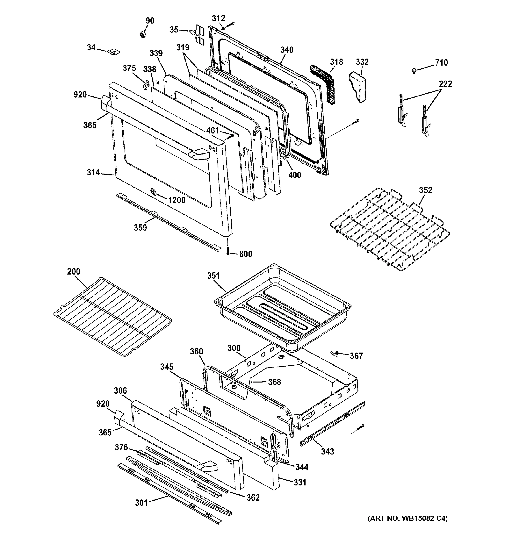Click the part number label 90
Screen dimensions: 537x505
pyautogui.click(x=150, y=21)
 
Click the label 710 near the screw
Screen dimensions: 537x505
pyautogui.click(x=441, y=63)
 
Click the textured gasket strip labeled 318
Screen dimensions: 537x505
pyautogui.click(x=323, y=84)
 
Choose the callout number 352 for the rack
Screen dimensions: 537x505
pyautogui.click(x=426, y=190)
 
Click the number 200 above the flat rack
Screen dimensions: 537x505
pyautogui.click(x=74, y=271)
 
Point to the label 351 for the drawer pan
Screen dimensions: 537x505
pyautogui.click(x=214, y=276)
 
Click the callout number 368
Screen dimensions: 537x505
pyautogui.click(x=274, y=382)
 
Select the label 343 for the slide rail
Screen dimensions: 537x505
pyautogui.click(x=327, y=451)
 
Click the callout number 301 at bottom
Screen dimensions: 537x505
pyautogui.click(x=141, y=503)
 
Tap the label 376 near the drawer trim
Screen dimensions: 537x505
pyautogui.click(x=121, y=447)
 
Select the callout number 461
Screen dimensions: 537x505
pyautogui.click(x=212, y=131)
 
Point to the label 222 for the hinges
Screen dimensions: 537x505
pyautogui.click(x=445, y=84)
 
